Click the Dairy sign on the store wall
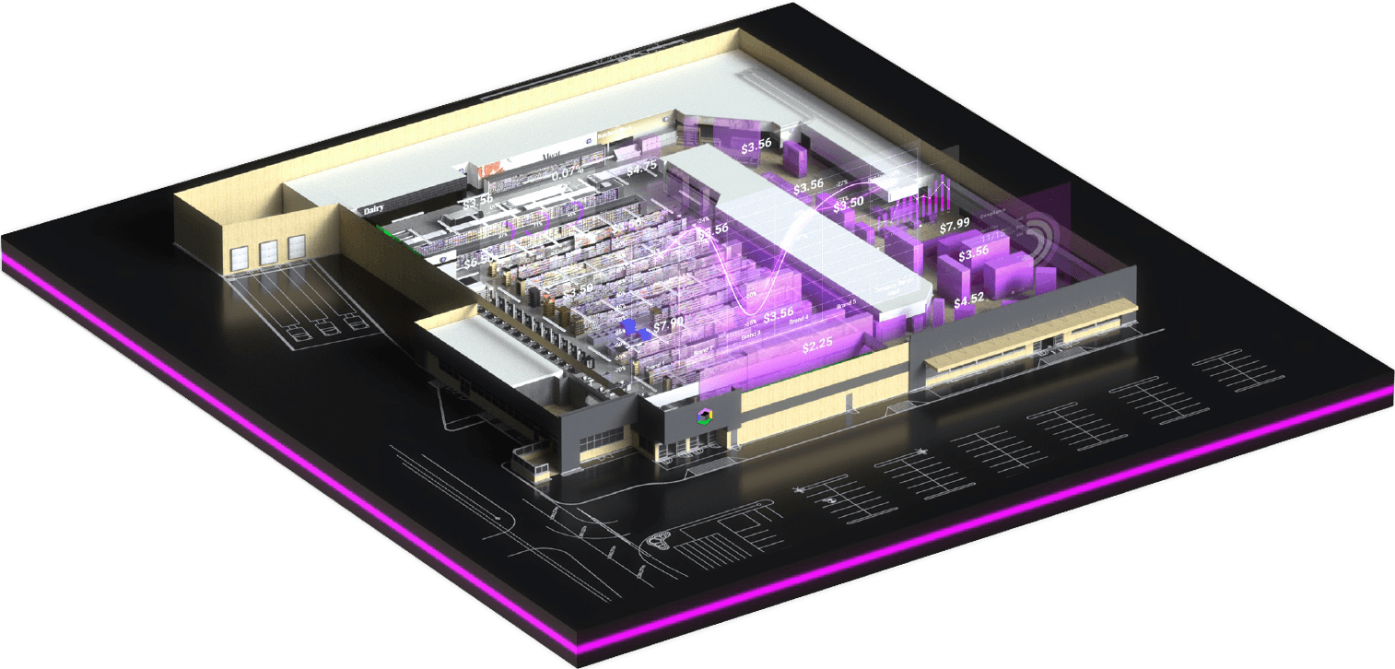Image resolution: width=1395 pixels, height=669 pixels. point(373,210)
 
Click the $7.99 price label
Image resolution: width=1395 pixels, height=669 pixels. point(955,226)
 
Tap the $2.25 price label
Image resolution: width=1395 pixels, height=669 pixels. point(817,346)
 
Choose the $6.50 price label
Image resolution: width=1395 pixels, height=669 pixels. point(478,262)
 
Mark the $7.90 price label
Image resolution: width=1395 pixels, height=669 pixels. point(669,324)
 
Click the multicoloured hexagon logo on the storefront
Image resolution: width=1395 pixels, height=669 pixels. point(705,416)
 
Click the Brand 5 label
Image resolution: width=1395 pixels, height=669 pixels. point(847,304)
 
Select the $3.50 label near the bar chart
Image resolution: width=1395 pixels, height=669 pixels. point(849,203)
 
